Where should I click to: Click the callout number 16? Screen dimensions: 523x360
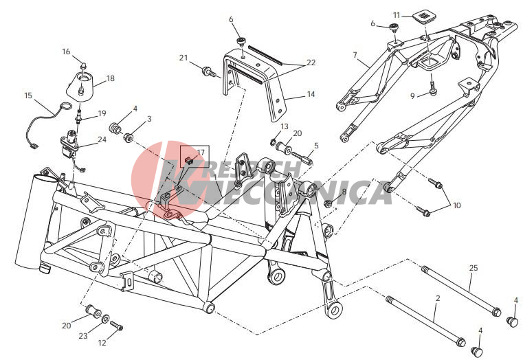click(66, 52)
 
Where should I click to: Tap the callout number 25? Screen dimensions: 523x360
click(474, 268)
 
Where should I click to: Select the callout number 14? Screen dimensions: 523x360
click(311, 94)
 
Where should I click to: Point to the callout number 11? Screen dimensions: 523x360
click(397, 15)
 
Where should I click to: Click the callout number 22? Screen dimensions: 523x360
click(311, 63)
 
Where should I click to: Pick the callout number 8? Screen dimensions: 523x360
click(344, 192)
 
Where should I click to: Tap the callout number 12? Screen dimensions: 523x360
click(102, 343)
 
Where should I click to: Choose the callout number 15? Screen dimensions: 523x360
click(28, 95)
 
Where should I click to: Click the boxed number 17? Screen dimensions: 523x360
click(201, 153)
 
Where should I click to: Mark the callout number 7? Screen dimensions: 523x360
click(355, 55)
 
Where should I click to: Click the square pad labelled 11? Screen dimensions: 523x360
click(423, 16)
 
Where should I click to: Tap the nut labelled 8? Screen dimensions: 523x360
click(329, 203)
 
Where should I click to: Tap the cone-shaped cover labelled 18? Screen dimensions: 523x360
click(80, 86)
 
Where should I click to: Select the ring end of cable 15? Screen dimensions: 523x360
click(67, 106)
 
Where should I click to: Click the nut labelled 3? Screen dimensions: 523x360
click(129, 137)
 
